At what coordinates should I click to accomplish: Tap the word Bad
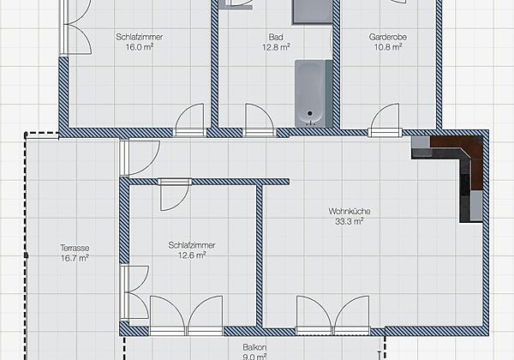276,38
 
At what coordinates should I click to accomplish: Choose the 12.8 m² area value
276,47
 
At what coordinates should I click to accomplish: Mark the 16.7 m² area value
75,257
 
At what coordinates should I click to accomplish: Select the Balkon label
254,347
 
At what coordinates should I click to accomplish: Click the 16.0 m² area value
139,47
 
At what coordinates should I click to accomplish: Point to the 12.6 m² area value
192,255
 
